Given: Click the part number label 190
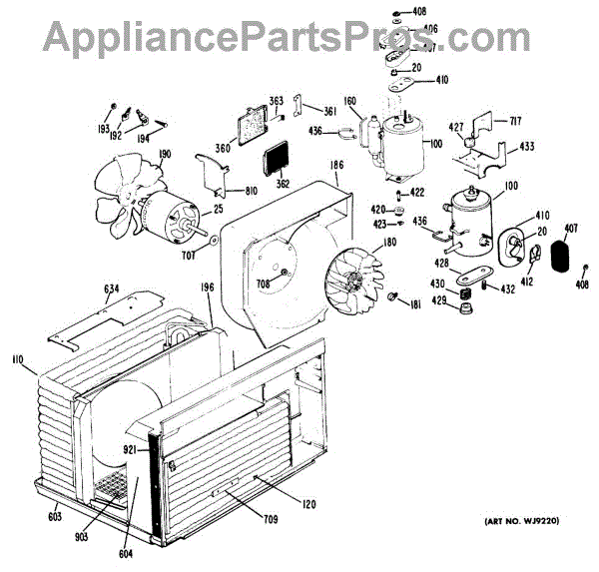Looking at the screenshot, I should pyautogui.click(x=164, y=154).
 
